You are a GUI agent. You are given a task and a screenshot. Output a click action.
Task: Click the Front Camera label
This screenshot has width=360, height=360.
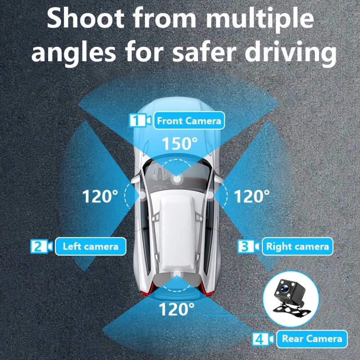click(x=189, y=121)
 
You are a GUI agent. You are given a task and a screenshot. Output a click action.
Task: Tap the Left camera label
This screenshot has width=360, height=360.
click(x=90, y=246)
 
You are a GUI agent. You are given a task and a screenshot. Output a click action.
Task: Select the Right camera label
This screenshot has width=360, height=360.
click(x=297, y=246)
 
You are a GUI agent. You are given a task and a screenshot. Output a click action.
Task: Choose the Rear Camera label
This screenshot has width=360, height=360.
click(x=312, y=339)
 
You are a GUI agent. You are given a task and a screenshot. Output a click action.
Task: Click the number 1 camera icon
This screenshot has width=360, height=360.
click(x=140, y=120)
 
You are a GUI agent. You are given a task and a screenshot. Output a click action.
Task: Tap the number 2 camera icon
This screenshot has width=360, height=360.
click(x=41, y=246)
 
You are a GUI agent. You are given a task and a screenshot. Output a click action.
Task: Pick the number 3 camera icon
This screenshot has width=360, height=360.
click(x=248, y=246)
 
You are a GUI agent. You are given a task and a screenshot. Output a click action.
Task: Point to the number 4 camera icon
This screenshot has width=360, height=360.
click(x=263, y=339)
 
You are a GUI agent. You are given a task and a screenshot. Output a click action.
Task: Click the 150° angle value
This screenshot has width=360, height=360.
click(x=180, y=144)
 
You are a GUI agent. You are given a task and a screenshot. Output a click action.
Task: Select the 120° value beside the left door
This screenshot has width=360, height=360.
click(x=100, y=196)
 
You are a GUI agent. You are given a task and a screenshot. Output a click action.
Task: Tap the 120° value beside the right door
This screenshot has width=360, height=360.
click(x=252, y=196)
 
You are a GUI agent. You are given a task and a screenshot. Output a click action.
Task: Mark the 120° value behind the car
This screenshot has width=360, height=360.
click(x=176, y=309)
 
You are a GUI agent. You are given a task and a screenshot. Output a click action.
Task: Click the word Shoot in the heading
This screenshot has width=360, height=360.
click(x=85, y=18)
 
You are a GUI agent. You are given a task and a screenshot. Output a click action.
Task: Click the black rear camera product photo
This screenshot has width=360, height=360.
click(x=290, y=298)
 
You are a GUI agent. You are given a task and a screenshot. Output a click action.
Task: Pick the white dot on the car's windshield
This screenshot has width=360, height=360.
click(x=176, y=179)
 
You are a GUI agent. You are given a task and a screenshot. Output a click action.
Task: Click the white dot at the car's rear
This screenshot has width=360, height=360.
click(x=177, y=274)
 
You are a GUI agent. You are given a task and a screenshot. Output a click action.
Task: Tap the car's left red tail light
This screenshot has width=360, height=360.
click(x=148, y=289)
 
